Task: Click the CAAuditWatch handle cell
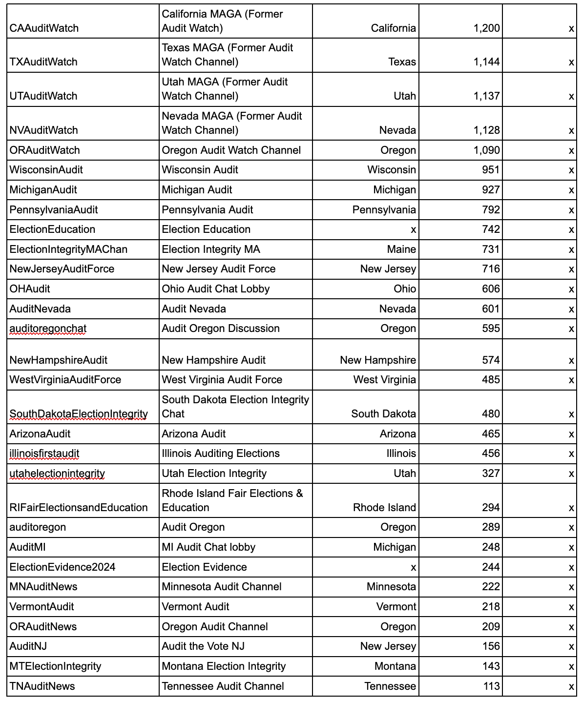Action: [44, 28]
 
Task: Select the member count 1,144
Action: [486, 62]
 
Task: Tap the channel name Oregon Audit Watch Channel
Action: [231, 150]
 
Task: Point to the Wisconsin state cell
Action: [392, 170]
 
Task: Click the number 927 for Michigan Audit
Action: [491, 190]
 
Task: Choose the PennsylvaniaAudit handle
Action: [54, 210]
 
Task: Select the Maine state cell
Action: [401, 249]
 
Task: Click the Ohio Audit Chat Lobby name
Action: [216, 289]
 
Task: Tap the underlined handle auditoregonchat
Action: [48, 329]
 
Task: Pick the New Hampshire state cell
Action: [378, 360]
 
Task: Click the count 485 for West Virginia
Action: [491, 380]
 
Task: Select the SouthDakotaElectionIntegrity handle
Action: [79, 414]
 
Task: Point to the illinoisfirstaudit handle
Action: [44, 454]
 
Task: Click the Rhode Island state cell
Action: [384, 508]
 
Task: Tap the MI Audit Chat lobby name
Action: [208, 547]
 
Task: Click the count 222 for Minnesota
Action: [491, 587]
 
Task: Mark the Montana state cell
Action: [395, 666]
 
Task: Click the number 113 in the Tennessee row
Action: [491, 686]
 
